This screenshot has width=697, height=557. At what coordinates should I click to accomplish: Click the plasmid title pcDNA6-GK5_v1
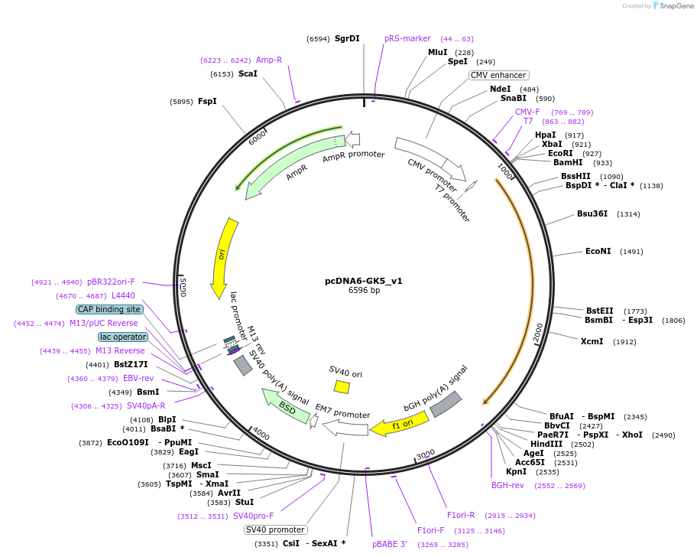[x=363, y=281]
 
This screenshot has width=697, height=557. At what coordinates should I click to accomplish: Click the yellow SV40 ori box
[x=342, y=387]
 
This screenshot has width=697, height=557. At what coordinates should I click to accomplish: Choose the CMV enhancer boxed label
[x=498, y=75]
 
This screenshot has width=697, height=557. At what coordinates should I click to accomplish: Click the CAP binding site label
[x=109, y=309]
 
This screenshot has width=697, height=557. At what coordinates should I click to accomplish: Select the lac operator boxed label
[x=122, y=337]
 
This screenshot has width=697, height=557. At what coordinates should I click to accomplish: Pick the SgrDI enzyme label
[x=347, y=38]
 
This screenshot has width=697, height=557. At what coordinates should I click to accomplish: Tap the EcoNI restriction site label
[x=598, y=251]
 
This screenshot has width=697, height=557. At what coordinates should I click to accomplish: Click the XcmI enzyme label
[x=592, y=341]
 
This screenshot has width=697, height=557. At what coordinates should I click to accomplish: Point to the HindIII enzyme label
[x=546, y=444]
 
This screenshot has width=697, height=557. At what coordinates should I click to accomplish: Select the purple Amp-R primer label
[x=269, y=60]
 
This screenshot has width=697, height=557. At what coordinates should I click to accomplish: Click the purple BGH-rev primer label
[x=507, y=485]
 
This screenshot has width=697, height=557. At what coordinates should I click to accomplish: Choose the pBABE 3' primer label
[x=390, y=544]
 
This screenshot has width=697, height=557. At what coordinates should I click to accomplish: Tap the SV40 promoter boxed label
[x=276, y=529]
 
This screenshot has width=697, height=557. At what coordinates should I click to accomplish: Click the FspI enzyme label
[x=207, y=101]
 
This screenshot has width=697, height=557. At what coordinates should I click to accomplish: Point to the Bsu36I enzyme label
[x=592, y=213]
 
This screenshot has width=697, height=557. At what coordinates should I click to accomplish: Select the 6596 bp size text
[x=364, y=291]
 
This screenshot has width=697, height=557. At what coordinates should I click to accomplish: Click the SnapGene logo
[x=673, y=6]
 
